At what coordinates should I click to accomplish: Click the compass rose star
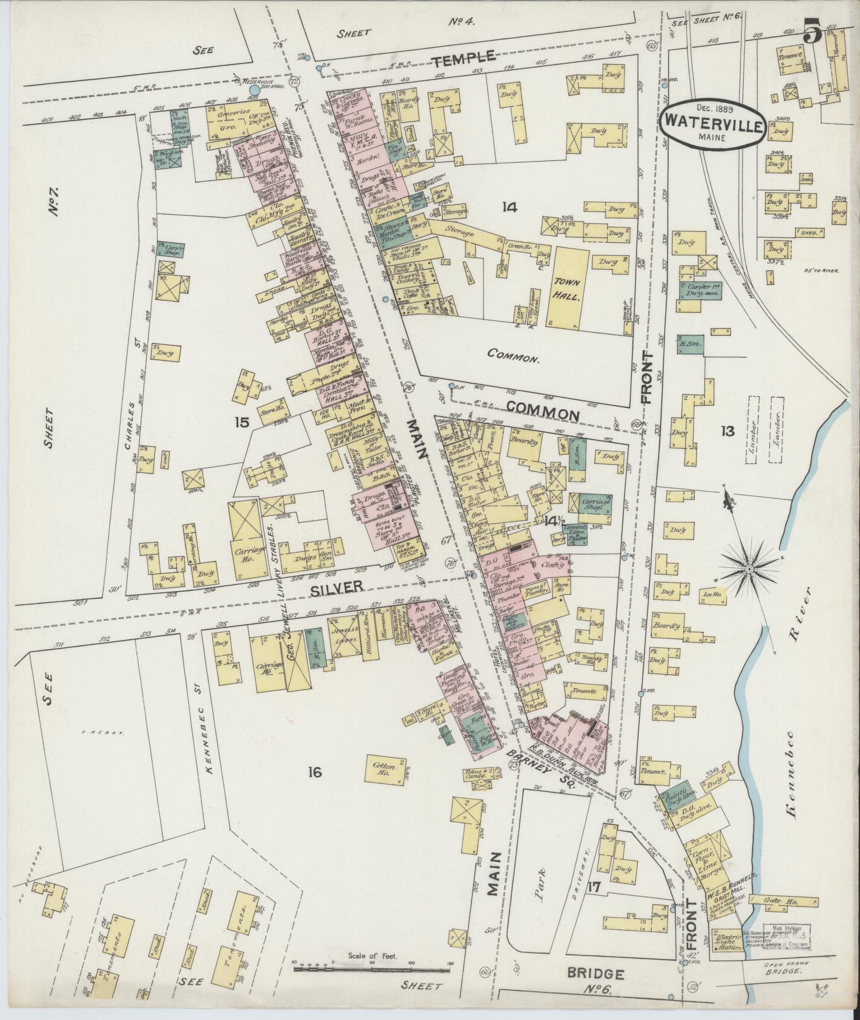749,569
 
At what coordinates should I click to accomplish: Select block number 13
727,431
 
